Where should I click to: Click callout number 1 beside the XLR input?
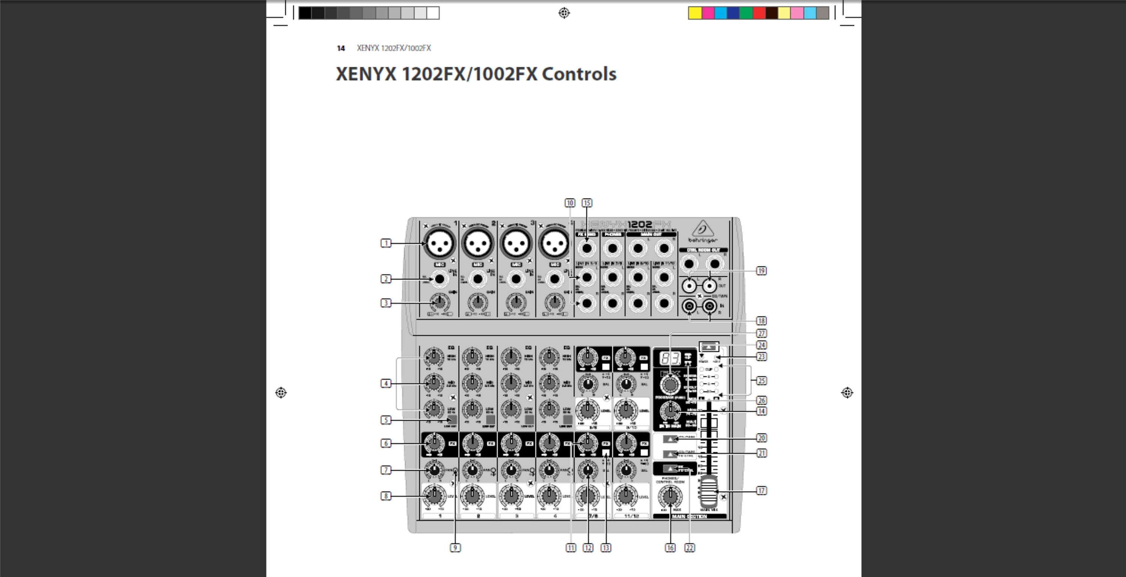pyautogui.click(x=385, y=243)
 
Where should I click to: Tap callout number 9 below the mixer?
pyautogui.click(x=455, y=548)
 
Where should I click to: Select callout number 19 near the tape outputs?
pyautogui.click(x=761, y=271)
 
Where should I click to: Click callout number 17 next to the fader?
pyautogui.click(x=761, y=490)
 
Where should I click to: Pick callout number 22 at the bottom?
pyautogui.click(x=689, y=548)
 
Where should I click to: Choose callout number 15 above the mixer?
pyautogui.click(x=587, y=203)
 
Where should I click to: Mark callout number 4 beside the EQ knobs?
pyautogui.click(x=385, y=383)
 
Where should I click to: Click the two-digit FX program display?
pyautogui.click(x=670, y=359)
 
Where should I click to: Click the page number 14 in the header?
pyautogui.click(x=341, y=48)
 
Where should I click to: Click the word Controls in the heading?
pyautogui.click(x=579, y=74)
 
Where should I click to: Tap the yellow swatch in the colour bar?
pyautogui.click(x=695, y=13)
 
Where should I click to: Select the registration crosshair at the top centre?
pyautogui.click(x=564, y=13)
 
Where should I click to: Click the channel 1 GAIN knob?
pyautogui.click(x=439, y=302)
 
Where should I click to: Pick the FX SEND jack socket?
pyautogui.click(x=587, y=248)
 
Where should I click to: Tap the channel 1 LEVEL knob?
pyautogui.click(x=434, y=495)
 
